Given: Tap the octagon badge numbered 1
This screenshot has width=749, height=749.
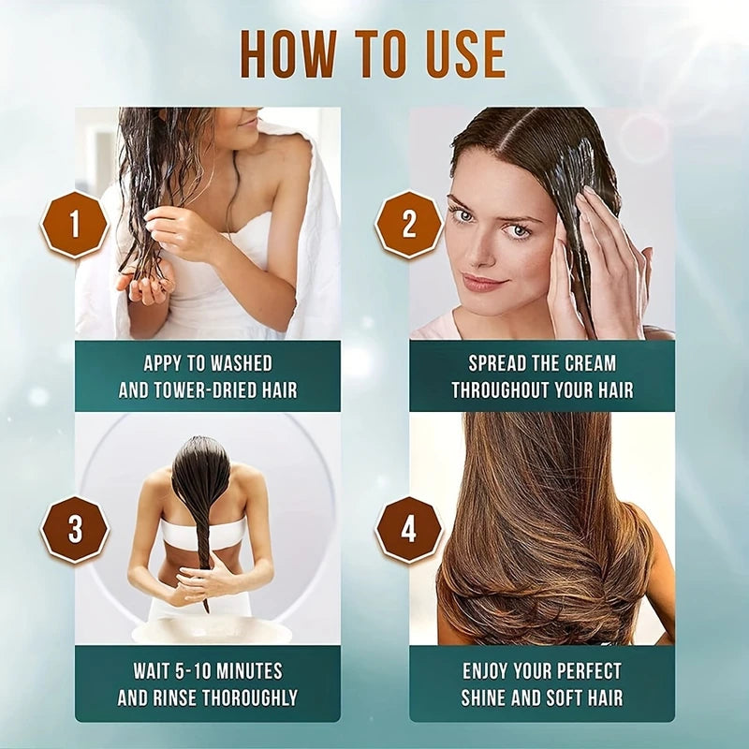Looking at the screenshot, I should [75, 225].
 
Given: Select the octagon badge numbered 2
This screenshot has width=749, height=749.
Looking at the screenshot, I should [408, 225].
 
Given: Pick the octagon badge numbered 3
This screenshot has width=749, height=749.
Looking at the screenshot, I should [75, 530].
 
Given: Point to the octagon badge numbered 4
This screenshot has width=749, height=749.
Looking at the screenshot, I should [408, 530].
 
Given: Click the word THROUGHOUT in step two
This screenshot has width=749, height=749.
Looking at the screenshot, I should [499, 389].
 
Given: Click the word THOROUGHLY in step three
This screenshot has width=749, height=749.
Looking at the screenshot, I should [254, 698].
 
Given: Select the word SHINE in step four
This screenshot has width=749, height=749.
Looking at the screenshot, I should [490, 698].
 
